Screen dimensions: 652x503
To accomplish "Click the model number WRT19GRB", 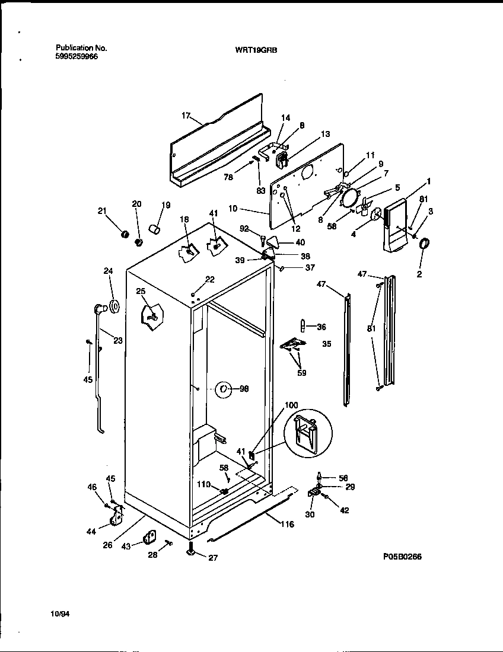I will [x=252, y=50].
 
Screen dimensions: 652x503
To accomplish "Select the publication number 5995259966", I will [x=77, y=57].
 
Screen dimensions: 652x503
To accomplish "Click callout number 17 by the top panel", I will [x=186, y=116].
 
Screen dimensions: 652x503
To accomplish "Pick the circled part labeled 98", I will [x=223, y=389].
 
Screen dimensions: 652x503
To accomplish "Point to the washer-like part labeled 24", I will [x=114, y=306].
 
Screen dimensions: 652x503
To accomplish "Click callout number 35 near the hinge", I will [x=326, y=343].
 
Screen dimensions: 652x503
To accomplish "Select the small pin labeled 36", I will [x=303, y=326].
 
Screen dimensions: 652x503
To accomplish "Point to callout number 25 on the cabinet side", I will [x=140, y=290].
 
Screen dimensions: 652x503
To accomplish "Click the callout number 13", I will [x=325, y=135].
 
